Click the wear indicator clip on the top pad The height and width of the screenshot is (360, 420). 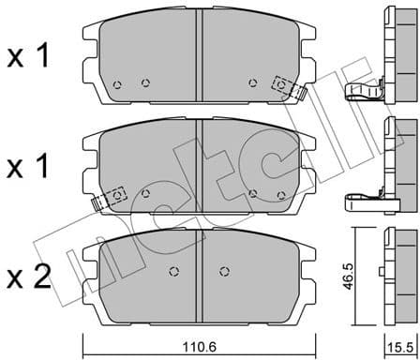(285, 86)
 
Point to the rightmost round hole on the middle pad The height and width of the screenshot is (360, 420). (282, 195)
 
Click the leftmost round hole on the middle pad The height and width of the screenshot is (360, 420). (144, 193)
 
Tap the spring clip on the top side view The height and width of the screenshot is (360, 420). (367, 90)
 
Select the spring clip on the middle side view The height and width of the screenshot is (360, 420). (367, 198)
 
